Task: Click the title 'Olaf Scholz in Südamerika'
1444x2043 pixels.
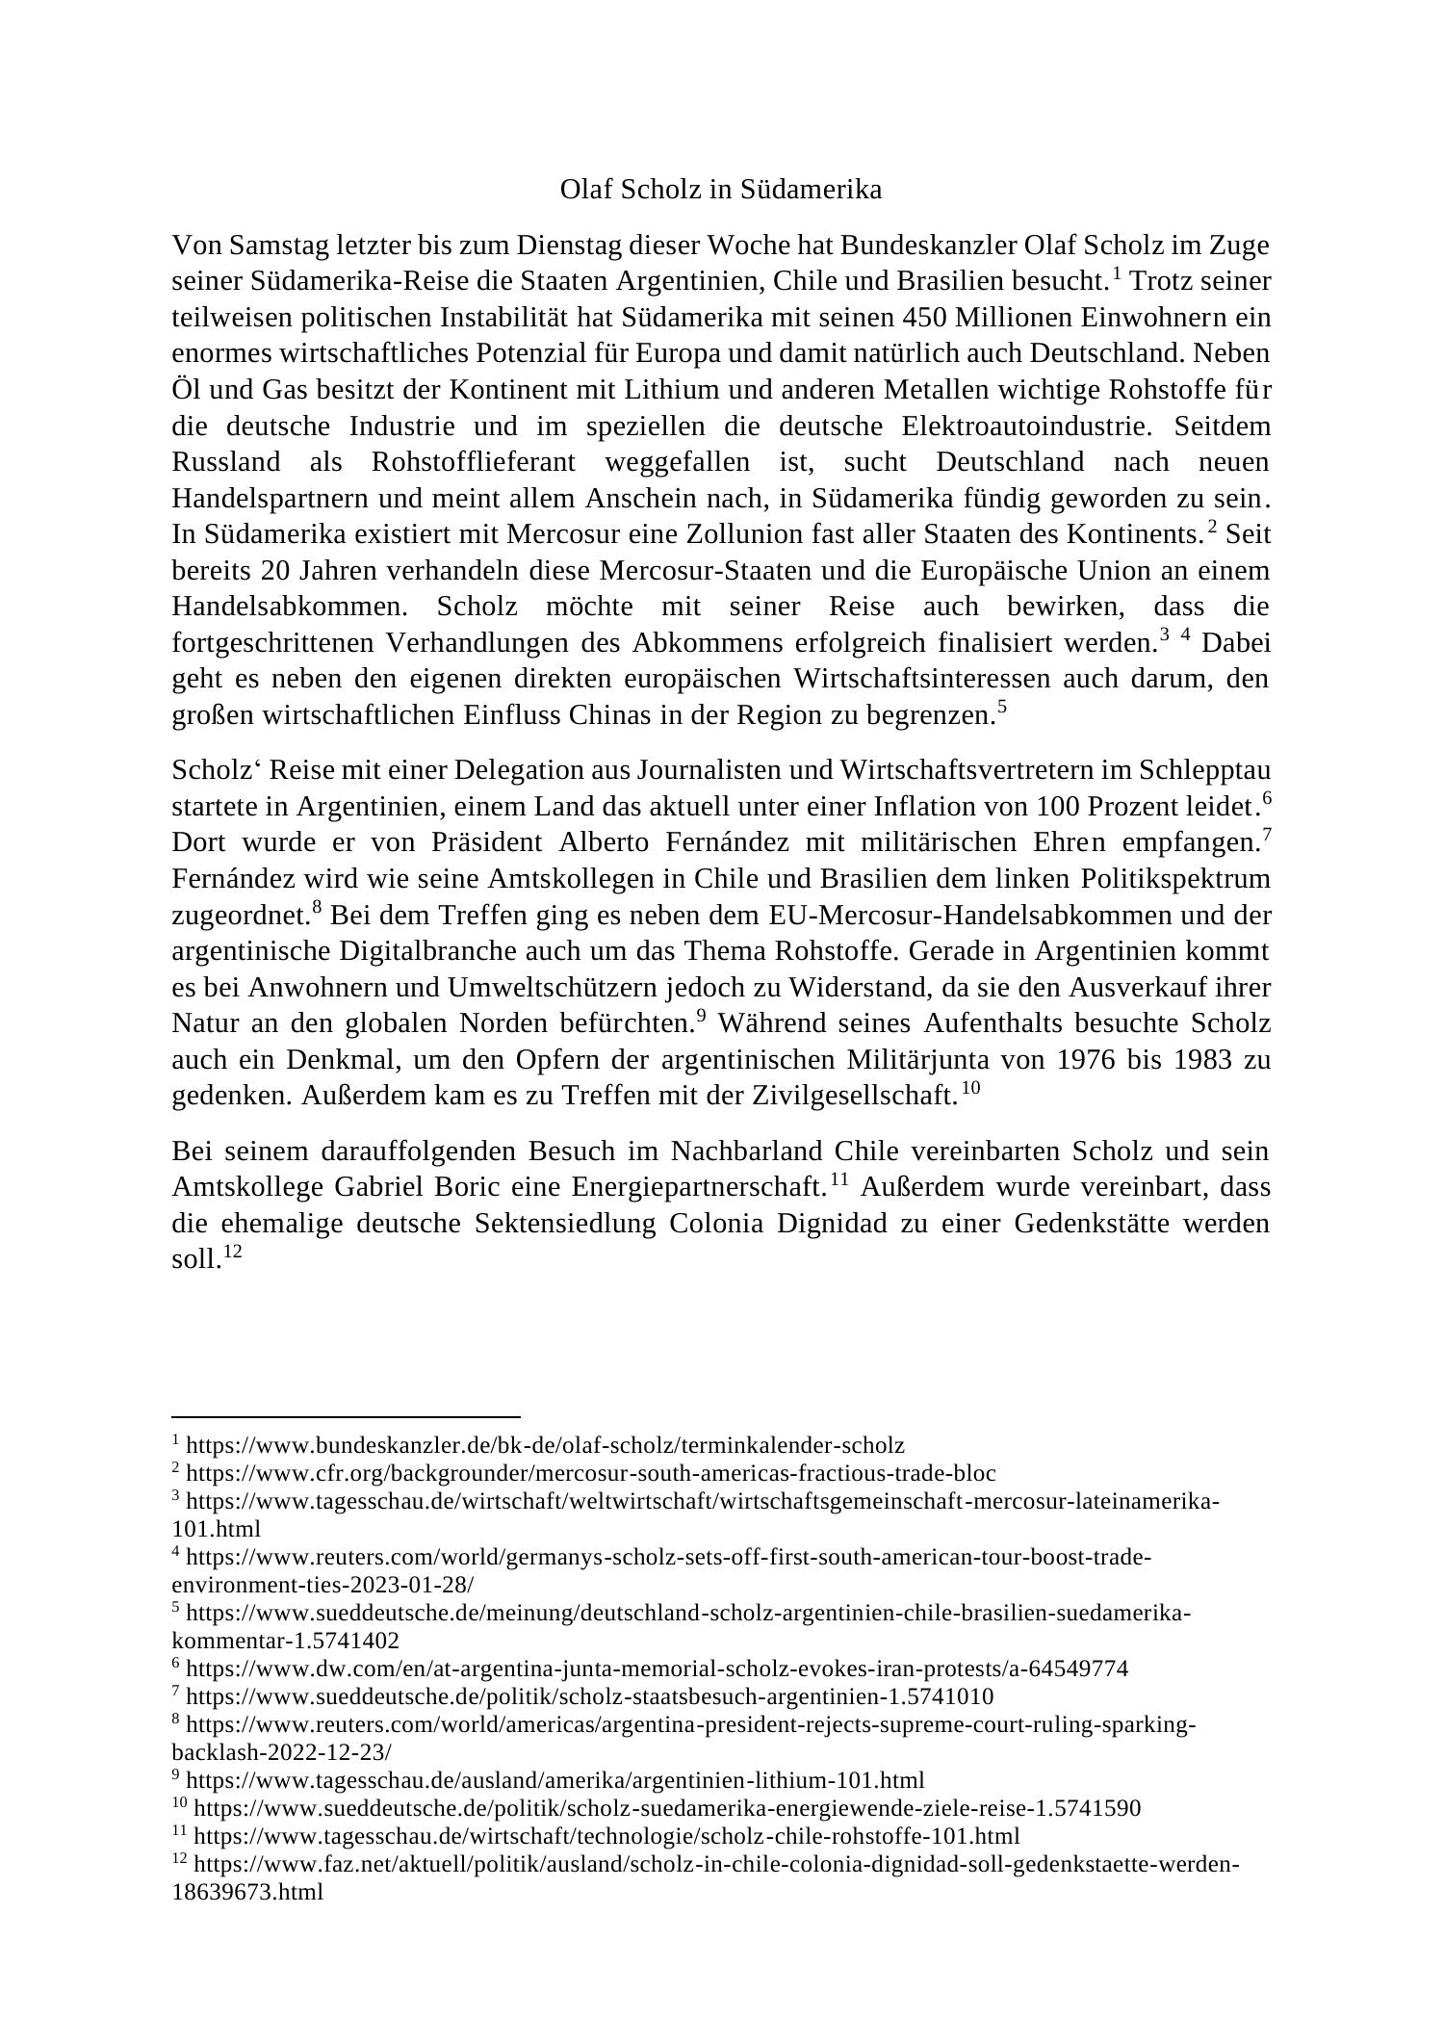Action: point(720,190)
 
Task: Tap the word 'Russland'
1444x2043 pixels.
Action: point(226,462)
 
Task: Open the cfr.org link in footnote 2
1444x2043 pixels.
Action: point(590,1473)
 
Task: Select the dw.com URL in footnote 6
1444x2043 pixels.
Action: point(657,1668)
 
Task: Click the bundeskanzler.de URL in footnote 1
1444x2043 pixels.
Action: point(545,1445)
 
